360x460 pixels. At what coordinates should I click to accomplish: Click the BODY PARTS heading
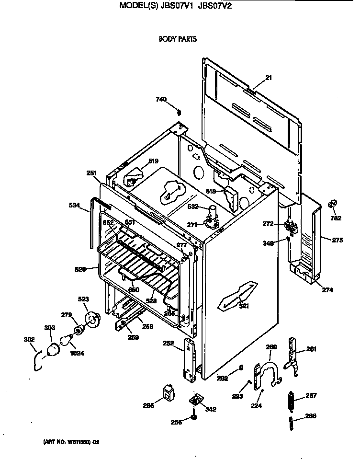(x=178, y=39)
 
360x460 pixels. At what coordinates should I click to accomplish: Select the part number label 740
(x=161, y=99)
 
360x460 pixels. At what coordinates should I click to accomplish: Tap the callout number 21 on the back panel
(x=268, y=78)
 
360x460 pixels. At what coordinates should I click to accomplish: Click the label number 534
(x=75, y=205)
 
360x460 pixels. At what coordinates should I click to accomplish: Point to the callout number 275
(x=337, y=240)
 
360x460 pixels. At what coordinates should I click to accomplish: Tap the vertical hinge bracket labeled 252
(x=191, y=360)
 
